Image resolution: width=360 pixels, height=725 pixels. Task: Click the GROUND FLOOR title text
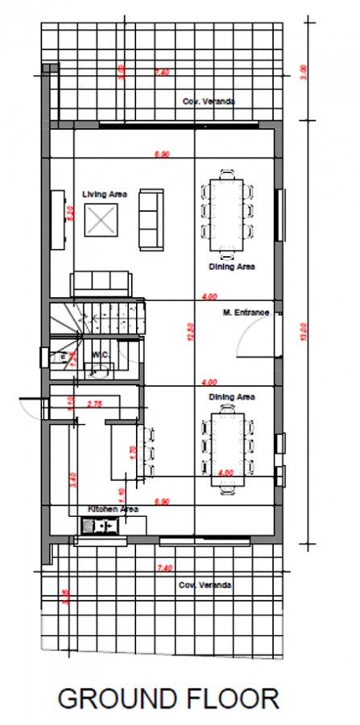(168, 698)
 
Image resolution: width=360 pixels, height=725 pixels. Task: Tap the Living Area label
(106, 194)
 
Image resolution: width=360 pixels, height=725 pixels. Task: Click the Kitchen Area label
(114, 509)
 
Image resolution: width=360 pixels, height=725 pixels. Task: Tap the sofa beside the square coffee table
(150, 218)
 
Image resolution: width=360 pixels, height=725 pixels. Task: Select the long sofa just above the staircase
(101, 283)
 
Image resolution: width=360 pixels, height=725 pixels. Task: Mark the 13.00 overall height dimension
(303, 331)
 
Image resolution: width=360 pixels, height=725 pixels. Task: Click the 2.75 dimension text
(93, 403)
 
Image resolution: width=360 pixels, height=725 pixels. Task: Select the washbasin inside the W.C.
(100, 371)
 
